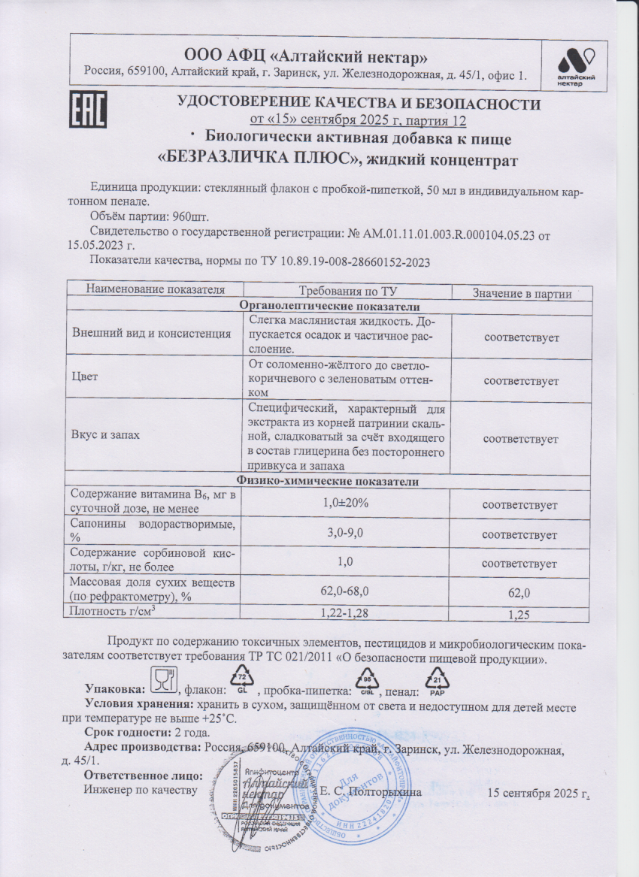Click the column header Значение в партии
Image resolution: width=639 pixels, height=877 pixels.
pyautogui.click(x=521, y=294)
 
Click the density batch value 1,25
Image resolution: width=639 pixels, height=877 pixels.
pyautogui.click(x=520, y=615)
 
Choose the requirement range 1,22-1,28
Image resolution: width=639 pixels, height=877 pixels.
pyautogui.click(x=345, y=613)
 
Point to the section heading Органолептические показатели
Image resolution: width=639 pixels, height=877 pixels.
pyautogui.click(x=329, y=306)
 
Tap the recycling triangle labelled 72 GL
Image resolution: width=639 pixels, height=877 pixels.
pyautogui.click(x=242, y=682)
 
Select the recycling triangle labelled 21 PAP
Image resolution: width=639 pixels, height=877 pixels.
pyautogui.click(x=438, y=681)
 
